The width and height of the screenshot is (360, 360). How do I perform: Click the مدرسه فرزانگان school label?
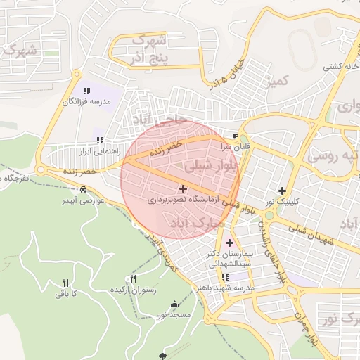point(87,102)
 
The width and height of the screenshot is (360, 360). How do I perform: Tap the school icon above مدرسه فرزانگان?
point(86,91)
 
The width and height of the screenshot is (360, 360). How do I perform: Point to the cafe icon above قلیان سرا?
point(235,136)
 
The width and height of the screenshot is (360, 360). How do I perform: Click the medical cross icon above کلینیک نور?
point(282,191)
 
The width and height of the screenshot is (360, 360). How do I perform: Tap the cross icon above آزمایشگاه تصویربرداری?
point(184,188)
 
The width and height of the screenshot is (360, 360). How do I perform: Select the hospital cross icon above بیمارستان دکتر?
point(229,243)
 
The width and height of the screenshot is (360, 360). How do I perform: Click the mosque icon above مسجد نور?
point(174,304)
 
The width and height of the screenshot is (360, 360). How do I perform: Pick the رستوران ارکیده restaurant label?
point(135,290)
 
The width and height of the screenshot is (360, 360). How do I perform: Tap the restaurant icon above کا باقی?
point(65,283)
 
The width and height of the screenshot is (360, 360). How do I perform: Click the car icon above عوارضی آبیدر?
point(84,190)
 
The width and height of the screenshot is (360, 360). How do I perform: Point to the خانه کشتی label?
point(338,67)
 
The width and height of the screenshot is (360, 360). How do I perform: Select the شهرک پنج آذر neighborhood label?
point(150,49)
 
